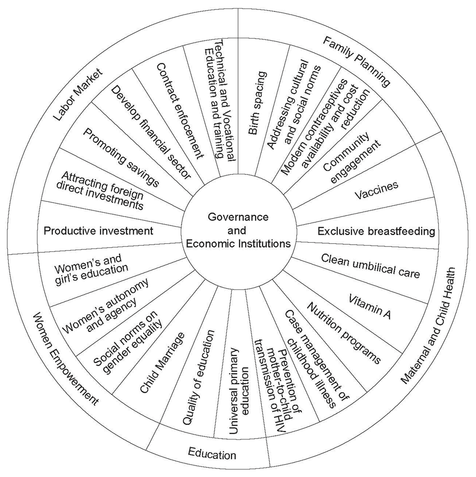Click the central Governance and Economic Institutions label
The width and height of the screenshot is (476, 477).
coord(238,230)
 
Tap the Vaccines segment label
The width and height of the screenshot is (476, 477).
coord(377,191)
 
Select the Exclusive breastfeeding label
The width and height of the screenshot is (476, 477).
coord(376,231)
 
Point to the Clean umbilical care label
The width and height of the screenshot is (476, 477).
coord(370,266)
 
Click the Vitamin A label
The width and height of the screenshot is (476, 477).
coord(369,307)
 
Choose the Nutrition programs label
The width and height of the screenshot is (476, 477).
coord(344,333)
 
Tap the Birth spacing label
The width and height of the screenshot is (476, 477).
coord(258,103)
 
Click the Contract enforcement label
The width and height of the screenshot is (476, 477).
coord(179,111)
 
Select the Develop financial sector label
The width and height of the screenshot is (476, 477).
coord(150,132)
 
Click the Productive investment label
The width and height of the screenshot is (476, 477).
coord(98,231)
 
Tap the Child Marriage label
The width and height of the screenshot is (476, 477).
coord(162,362)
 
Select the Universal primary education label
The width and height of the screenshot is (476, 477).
coord(239,391)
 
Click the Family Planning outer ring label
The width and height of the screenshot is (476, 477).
coord(356,61)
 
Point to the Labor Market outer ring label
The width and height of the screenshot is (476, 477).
coord(78,95)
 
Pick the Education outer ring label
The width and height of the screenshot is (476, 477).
coord(212,453)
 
